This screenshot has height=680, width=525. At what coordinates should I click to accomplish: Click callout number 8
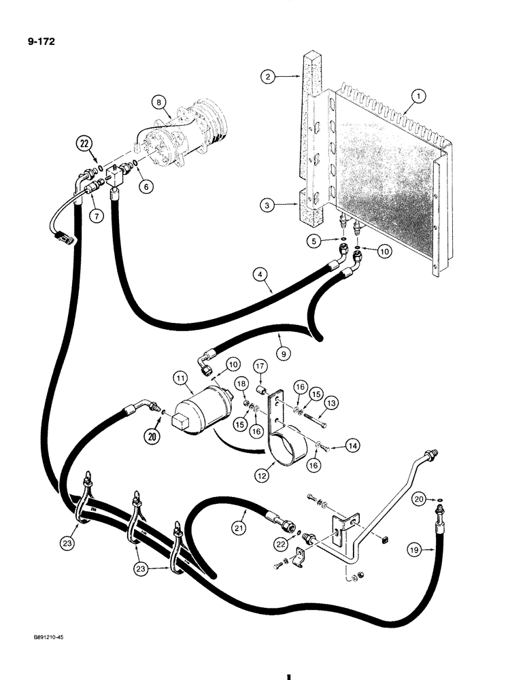(160, 103)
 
